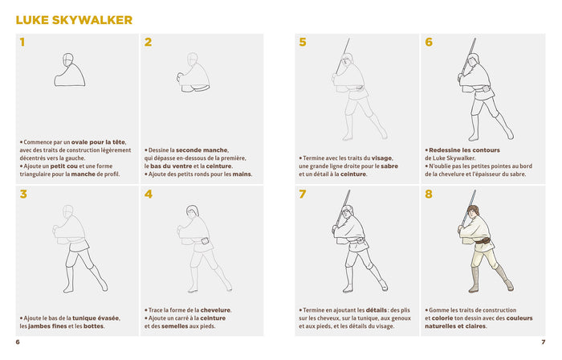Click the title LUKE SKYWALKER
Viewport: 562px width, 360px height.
click(x=74, y=20)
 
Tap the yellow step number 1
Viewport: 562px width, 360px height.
click(x=22, y=43)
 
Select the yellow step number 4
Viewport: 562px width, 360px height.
click(x=149, y=194)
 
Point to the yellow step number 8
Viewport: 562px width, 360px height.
click(x=429, y=194)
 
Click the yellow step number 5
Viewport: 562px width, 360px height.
click(x=303, y=43)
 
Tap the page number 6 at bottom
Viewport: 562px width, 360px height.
click(x=18, y=342)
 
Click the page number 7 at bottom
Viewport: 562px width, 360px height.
click(x=544, y=342)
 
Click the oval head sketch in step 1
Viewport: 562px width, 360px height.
click(x=67, y=59)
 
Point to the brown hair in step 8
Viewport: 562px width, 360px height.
click(x=473, y=209)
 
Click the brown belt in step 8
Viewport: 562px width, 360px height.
click(x=483, y=240)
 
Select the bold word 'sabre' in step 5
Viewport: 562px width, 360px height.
click(x=389, y=166)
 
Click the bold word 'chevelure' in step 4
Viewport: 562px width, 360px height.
click(x=215, y=310)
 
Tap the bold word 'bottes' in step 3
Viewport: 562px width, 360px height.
click(x=93, y=326)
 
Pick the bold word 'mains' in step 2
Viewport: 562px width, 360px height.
click(x=242, y=174)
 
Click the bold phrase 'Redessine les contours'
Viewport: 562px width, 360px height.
click(x=464, y=150)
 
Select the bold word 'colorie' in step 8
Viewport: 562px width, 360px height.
click(x=442, y=318)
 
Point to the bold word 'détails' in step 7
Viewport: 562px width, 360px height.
click(x=377, y=310)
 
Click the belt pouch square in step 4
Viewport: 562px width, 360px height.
click(x=205, y=241)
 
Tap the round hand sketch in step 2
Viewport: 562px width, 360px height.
click(x=181, y=76)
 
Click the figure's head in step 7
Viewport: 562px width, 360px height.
click(x=347, y=211)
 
